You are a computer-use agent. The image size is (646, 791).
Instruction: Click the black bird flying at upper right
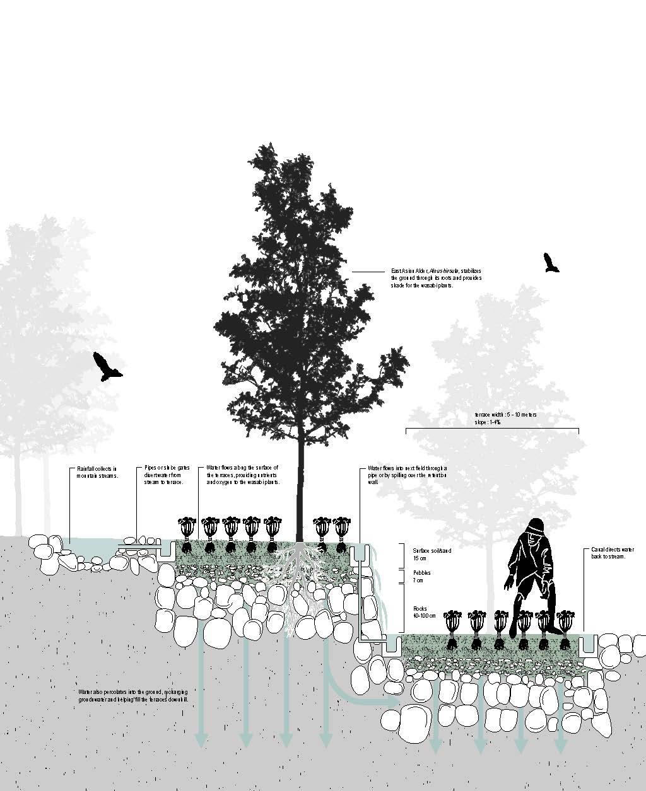click(551, 263)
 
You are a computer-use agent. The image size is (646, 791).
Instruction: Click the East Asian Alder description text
click(435, 278)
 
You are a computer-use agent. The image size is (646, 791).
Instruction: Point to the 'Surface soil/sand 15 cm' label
click(432, 554)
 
